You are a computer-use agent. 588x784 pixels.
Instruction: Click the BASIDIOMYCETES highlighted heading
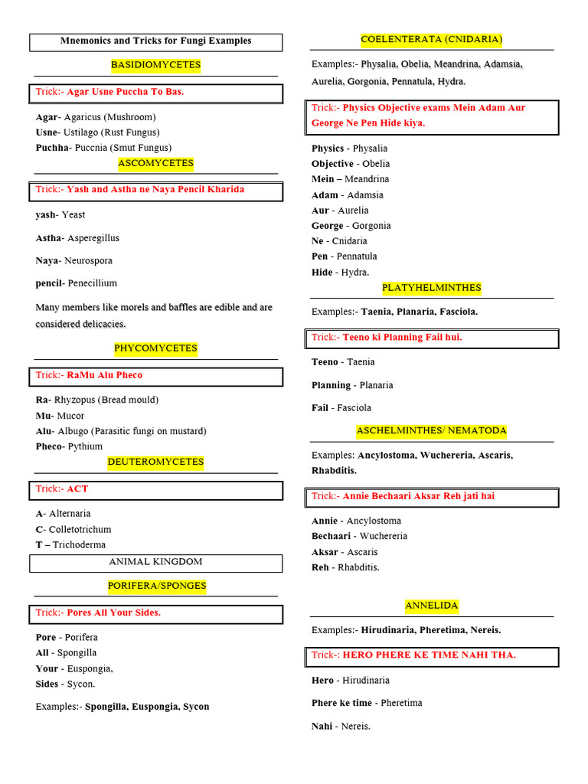coord(155,65)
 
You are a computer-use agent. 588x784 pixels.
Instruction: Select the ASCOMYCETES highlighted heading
coord(155,163)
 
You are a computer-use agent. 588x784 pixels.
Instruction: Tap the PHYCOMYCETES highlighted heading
coord(155,348)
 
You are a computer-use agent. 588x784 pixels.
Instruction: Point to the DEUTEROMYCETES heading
coord(155,462)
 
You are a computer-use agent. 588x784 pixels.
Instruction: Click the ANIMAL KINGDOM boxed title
coord(155,562)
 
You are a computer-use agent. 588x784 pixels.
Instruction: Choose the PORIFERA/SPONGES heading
coord(157,586)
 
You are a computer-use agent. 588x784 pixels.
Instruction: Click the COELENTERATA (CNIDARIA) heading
coord(431,39)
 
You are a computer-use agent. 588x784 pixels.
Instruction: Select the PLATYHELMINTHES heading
coord(432,288)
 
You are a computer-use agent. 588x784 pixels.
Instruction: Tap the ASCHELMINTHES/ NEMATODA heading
coord(431,431)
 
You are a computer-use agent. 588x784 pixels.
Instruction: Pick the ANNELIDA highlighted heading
coord(432,606)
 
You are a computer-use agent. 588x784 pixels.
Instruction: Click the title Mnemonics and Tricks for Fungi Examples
coord(155,41)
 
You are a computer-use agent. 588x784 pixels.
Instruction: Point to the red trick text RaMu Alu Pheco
coord(104,375)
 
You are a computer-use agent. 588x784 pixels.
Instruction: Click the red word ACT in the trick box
coord(77,488)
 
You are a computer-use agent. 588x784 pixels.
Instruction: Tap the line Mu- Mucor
coord(60,416)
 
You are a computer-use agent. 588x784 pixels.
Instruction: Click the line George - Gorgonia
coord(351,226)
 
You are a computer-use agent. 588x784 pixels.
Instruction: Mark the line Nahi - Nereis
coord(341,726)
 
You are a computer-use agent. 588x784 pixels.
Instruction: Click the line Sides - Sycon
coord(65,684)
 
